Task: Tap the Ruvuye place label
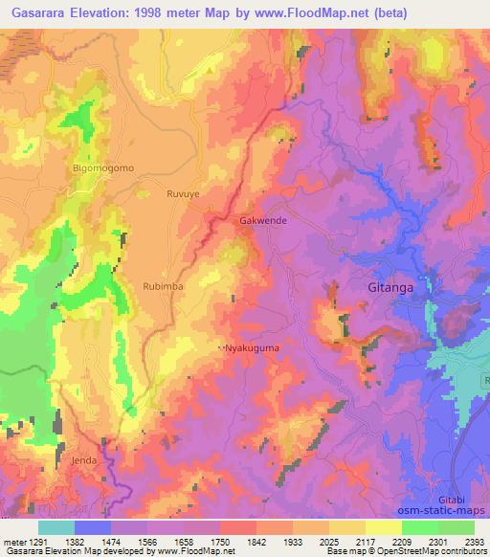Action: coord(183,190)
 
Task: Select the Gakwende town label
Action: coord(262,220)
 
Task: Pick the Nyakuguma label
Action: coord(252,347)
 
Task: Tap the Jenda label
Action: coord(84,460)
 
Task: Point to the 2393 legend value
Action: coord(474,541)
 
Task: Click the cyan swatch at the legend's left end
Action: coord(56,527)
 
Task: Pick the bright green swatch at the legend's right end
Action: coord(456,527)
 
